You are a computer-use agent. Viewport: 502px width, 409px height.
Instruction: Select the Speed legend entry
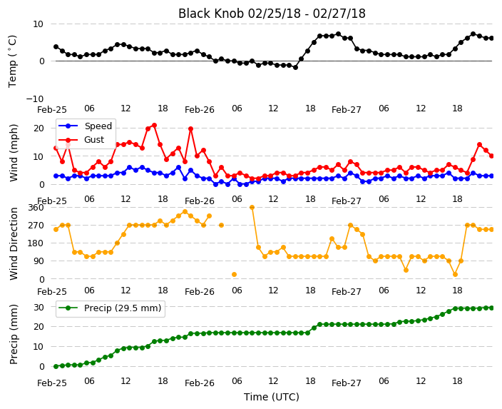pos(85,126)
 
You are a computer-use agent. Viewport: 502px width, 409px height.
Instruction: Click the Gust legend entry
pos(81,140)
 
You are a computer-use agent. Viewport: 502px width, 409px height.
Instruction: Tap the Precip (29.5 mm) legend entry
pos(110,308)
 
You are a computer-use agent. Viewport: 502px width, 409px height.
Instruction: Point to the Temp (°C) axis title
pos(12,61)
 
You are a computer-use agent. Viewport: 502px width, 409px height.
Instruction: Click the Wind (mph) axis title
pos(13,153)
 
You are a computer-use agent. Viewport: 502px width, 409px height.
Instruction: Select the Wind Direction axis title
pos(13,243)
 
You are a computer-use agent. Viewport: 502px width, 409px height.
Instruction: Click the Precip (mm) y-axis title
pos(13,334)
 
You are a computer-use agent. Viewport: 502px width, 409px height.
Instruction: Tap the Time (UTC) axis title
pos(272,397)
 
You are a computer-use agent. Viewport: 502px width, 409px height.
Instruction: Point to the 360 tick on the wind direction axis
pos(36,208)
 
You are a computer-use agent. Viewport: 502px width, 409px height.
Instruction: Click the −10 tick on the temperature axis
pos(34,99)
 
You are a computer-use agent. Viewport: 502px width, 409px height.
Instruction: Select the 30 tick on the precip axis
pos(39,307)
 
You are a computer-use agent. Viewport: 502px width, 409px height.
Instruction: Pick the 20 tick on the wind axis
pos(39,128)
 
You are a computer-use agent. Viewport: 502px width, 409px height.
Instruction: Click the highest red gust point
pos(154,126)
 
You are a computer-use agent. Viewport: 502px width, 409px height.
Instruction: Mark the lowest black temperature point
pos(295,67)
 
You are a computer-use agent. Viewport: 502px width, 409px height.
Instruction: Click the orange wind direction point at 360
pos(252,208)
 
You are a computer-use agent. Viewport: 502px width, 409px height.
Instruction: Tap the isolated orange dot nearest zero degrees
pos(235,274)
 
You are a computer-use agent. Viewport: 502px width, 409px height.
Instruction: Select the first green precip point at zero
pos(56,366)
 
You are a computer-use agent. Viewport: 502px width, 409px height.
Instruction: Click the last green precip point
pos(492,308)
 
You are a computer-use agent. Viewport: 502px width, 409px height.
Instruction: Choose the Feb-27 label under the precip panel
pos(347,383)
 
